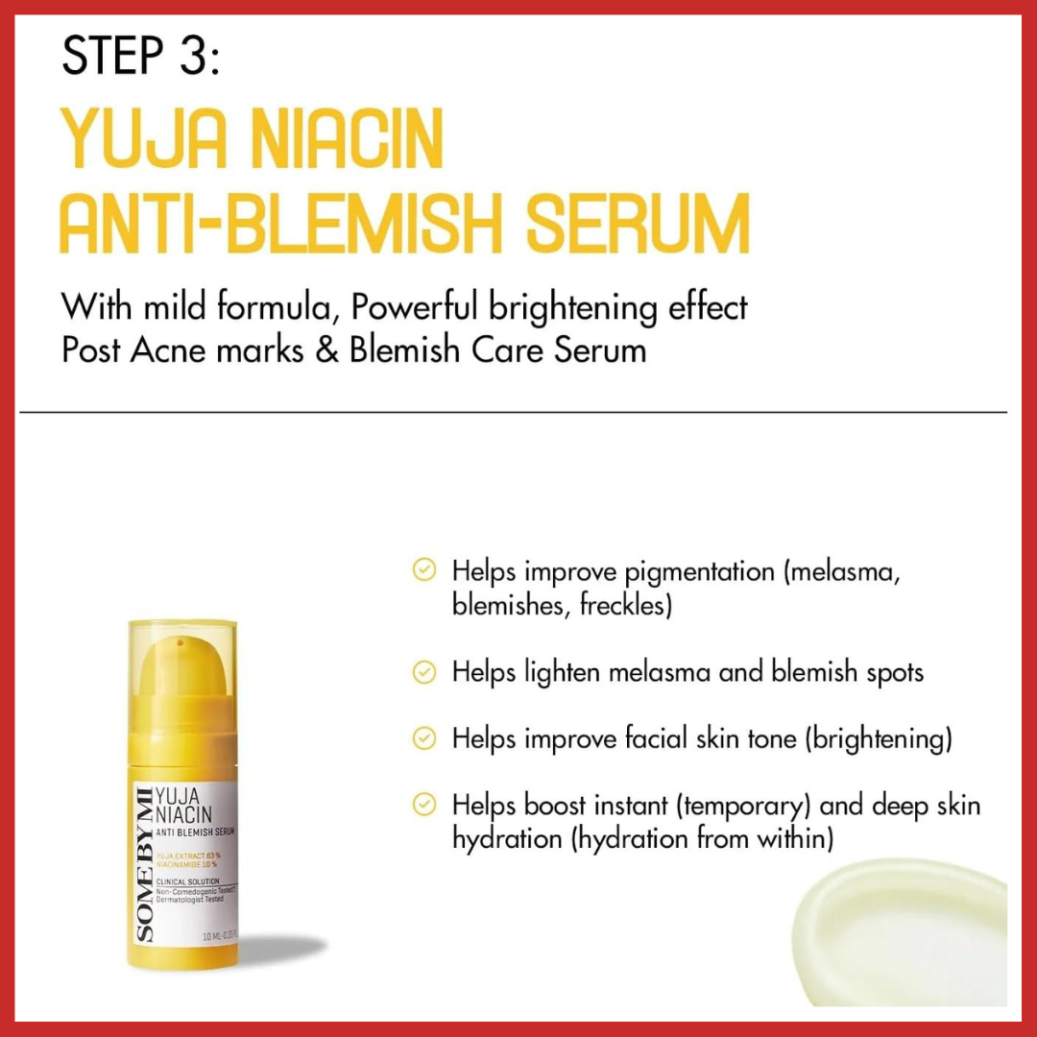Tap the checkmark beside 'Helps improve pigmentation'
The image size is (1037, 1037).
click(x=423, y=570)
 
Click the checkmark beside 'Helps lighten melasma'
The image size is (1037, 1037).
click(x=423, y=672)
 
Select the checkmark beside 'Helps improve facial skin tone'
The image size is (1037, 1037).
click(x=423, y=738)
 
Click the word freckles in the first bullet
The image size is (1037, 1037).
click(x=624, y=607)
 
